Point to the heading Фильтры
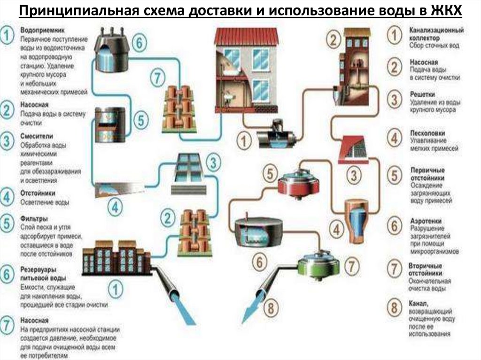[33, 219]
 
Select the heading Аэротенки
[425, 220]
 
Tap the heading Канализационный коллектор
[430, 33]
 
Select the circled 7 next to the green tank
[351, 265]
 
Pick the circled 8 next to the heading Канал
[394, 308]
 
